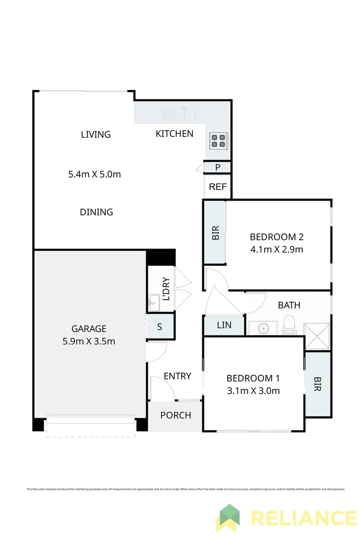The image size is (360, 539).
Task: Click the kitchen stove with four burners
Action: point(219,140)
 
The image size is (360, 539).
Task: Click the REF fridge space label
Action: point(217,187)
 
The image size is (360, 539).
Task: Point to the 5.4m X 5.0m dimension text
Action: point(95,175)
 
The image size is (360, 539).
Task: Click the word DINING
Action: point(96,212)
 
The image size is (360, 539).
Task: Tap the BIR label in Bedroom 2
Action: point(215,232)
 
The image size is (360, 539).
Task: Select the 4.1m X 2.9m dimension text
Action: point(276,249)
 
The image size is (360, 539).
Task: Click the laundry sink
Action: point(154,304)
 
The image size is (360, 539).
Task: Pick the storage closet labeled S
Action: point(159,327)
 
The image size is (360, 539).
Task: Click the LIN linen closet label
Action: point(223,325)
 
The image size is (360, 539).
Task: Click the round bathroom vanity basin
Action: point(263,328)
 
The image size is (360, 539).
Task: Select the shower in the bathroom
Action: point(317,336)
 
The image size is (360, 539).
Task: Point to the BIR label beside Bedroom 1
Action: point(318,384)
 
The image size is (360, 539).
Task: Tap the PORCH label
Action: point(175,415)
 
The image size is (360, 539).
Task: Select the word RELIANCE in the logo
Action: point(303,518)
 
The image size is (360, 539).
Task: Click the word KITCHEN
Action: point(174,134)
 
